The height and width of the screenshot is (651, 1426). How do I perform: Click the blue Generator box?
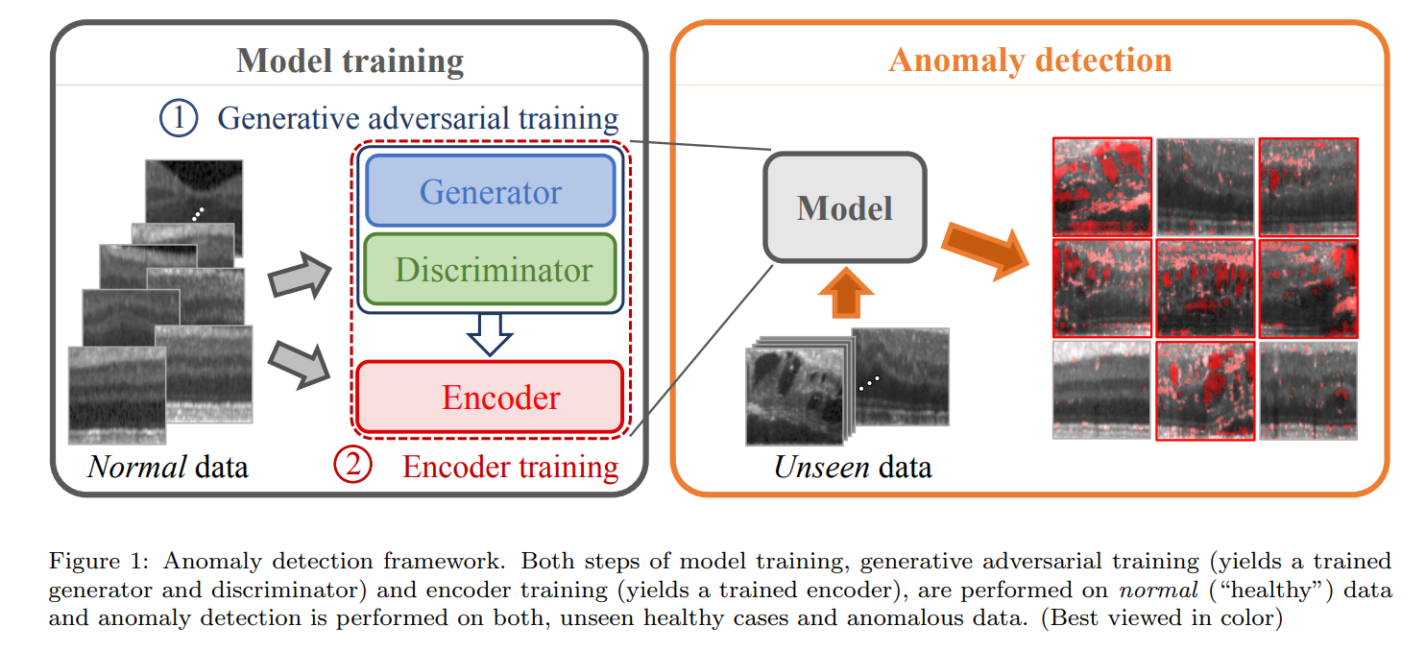490,191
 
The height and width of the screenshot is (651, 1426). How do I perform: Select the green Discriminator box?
490,270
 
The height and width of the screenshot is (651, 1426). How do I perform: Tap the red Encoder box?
490,397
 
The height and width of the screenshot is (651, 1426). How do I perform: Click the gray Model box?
844,207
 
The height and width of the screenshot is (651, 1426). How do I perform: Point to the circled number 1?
178,118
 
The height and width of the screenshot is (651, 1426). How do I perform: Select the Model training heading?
350,61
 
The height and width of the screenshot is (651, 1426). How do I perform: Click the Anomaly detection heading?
1029,60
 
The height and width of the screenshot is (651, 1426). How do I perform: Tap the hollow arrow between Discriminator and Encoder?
490,335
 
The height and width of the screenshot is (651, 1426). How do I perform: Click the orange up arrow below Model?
845,292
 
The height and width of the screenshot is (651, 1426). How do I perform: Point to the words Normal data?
168,468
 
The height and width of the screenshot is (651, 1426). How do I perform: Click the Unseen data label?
853,468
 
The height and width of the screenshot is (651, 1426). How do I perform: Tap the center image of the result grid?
1204,288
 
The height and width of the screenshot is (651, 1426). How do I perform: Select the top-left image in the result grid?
1101,186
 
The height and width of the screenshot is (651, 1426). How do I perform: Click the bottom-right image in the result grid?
1308,390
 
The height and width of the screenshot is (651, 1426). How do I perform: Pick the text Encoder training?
510,467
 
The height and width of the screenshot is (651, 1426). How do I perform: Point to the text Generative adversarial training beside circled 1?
418,118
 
